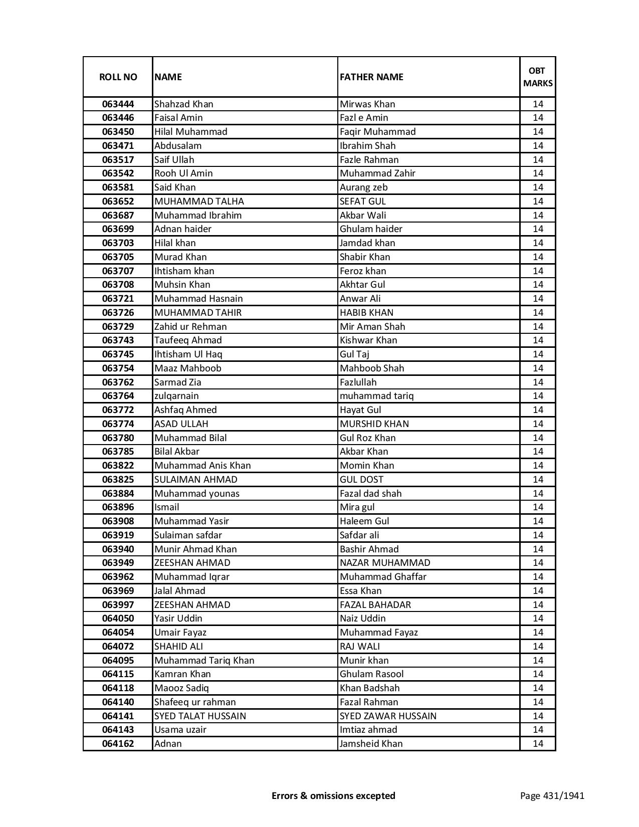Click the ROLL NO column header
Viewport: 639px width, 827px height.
[x=118, y=77]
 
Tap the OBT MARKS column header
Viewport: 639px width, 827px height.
[x=537, y=77]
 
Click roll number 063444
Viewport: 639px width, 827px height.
[x=118, y=104]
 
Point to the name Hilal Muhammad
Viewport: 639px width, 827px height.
[x=190, y=132]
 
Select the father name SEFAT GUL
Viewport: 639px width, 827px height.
[x=362, y=201]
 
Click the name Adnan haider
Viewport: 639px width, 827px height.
[x=182, y=229]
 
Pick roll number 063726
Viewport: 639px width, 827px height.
[x=118, y=313]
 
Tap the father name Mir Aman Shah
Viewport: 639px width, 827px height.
[x=372, y=327]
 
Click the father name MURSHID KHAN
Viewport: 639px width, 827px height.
[x=374, y=424]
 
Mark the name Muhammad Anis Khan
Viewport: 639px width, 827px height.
[x=202, y=466]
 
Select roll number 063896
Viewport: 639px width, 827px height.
[x=118, y=507]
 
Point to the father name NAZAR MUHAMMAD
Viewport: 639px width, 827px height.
[x=384, y=563]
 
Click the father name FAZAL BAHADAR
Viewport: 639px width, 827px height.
[x=375, y=605]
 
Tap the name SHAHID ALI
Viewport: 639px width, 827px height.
[x=178, y=647]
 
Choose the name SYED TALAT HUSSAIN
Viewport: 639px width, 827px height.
[x=200, y=716]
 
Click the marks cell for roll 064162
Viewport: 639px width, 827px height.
[x=537, y=744]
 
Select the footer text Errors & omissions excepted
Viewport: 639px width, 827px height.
[x=333, y=795]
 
